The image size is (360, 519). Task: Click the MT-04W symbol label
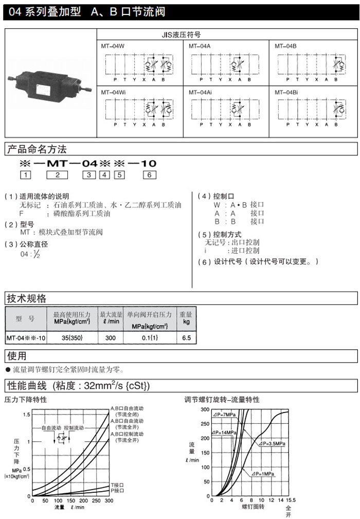(x=113, y=46)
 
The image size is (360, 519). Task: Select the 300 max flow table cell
(x=111, y=338)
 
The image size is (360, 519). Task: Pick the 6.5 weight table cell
(x=186, y=338)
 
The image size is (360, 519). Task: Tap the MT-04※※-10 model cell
(x=26, y=338)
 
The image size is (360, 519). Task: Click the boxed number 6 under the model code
(x=149, y=175)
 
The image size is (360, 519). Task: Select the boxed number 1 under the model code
(x=25, y=175)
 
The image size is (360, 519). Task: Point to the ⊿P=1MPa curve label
(x=263, y=473)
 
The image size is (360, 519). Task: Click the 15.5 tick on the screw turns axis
(x=291, y=499)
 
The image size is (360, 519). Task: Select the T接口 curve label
(x=118, y=485)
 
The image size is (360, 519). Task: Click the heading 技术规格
(x=26, y=298)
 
